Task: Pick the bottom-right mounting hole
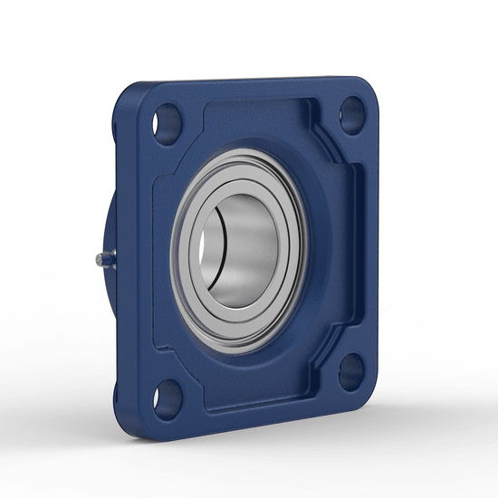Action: (354, 371)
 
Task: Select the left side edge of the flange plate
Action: (125, 272)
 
